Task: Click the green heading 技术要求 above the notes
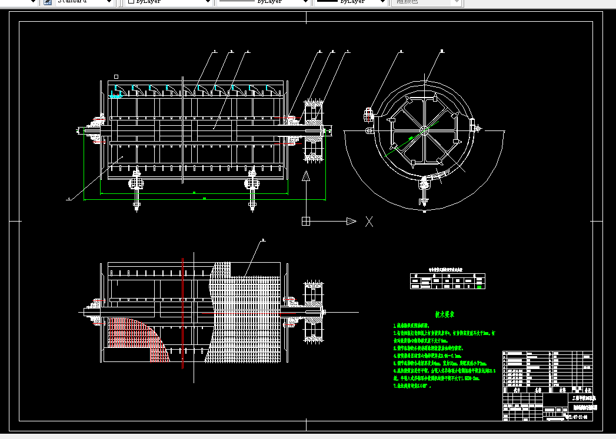[445, 314]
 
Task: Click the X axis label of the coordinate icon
[369, 221]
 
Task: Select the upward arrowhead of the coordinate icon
[306, 176]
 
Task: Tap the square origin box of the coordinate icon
[306, 221]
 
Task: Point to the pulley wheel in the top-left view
[311, 130]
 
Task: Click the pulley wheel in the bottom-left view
[311, 311]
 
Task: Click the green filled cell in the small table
[480, 287]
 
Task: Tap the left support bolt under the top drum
[136, 188]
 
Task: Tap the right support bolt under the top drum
[252, 188]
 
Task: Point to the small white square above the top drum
[116, 76]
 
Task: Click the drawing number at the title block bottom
[579, 417]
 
